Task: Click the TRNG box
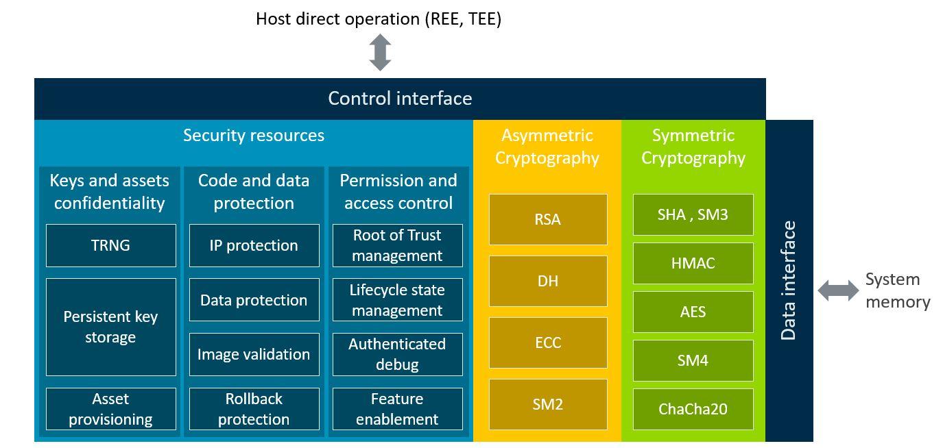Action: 110,245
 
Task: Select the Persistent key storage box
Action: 110,327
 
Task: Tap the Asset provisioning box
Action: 110,409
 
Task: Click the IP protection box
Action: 254,245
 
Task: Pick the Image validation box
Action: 254,354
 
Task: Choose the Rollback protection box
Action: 254,409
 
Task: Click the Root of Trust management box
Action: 397,245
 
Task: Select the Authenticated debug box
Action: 397,354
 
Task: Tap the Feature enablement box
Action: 397,409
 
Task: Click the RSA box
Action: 547,219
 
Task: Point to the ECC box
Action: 547,343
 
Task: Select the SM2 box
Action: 547,404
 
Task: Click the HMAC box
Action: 693,263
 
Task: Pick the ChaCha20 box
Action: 693,409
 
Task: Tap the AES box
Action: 693,312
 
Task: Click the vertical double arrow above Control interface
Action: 380,53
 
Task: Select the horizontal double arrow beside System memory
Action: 837,290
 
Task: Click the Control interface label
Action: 400,99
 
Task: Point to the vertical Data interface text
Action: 789,281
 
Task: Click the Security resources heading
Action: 254,136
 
